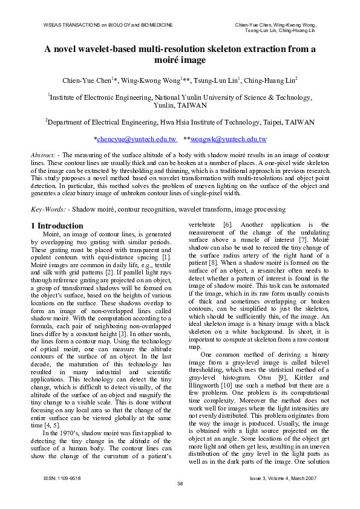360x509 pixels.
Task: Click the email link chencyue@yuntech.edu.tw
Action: click(137, 139)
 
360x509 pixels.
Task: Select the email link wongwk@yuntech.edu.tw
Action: click(229, 139)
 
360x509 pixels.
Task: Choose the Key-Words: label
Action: click(49, 209)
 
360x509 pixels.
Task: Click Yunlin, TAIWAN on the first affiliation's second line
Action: click(180, 105)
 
